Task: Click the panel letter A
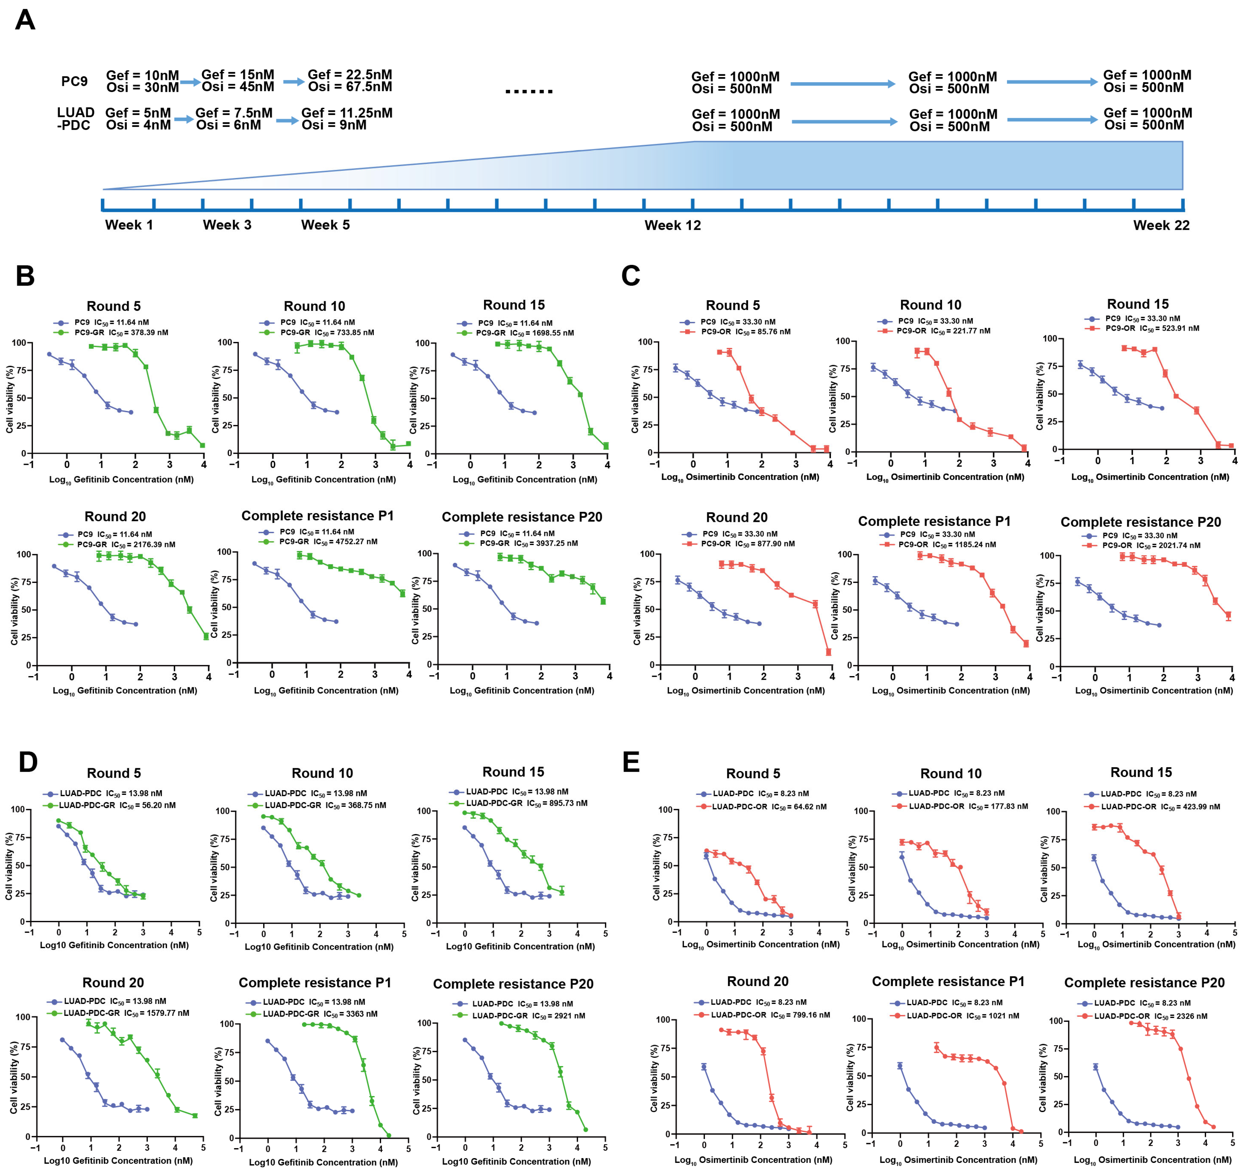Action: point(25,20)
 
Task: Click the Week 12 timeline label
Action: point(673,225)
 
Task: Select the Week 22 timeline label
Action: point(1161,225)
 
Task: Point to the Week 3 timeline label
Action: point(227,225)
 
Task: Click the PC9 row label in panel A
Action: point(74,81)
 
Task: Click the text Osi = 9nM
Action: point(334,125)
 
